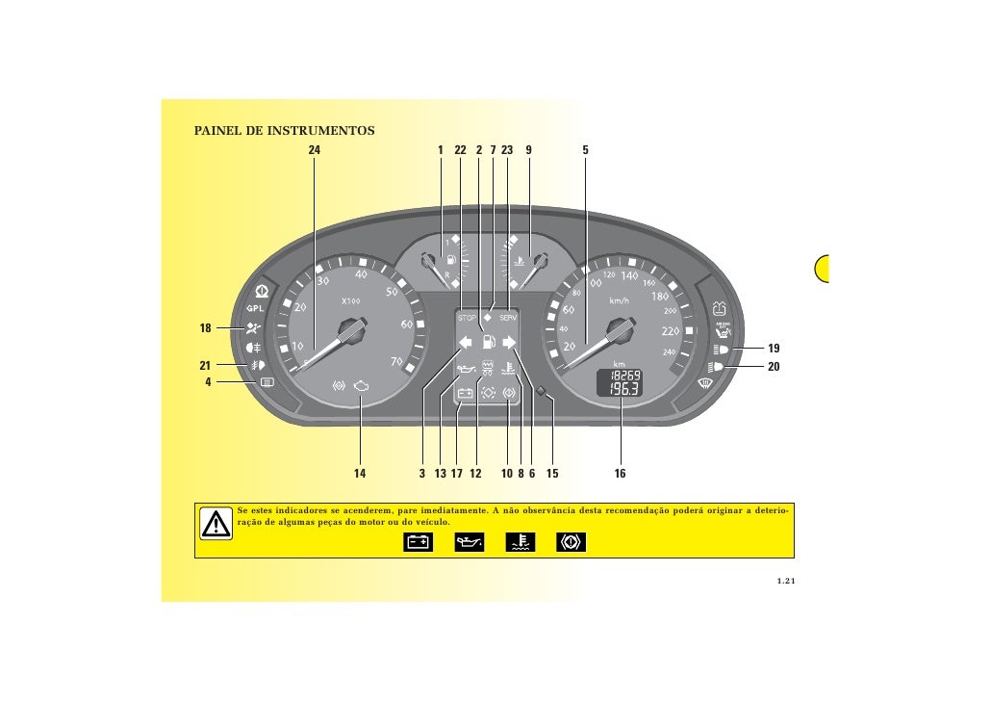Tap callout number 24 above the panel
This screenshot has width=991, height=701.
click(314, 150)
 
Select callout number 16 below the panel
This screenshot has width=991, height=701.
click(620, 474)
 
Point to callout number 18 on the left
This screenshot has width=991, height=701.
click(205, 328)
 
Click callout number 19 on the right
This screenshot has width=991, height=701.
click(774, 348)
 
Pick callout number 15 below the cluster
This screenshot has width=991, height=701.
click(552, 474)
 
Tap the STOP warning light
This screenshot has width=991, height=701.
click(467, 317)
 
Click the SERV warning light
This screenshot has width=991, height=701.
click(509, 317)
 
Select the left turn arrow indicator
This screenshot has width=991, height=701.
click(466, 341)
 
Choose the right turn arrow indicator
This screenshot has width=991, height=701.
click(510, 341)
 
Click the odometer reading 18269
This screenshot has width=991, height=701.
click(626, 375)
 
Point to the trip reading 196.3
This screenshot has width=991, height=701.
click(626, 389)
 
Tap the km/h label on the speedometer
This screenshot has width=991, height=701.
click(619, 300)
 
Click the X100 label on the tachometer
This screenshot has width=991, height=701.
click(351, 300)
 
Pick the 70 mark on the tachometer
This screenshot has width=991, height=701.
click(394, 361)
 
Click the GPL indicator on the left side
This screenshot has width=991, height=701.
click(255, 308)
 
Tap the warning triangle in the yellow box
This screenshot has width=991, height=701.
click(216, 523)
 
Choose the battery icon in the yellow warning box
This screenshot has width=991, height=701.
click(418, 543)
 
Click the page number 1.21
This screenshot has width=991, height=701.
click(787, 581)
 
